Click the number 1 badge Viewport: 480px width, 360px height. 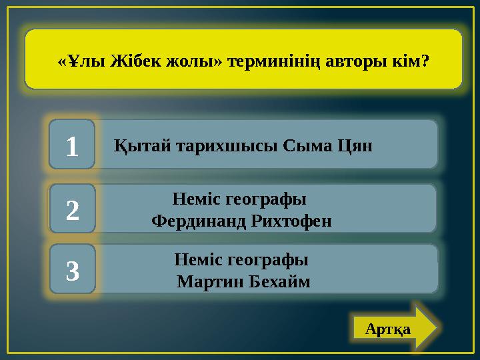click(72, 144)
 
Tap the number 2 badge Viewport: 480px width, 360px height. click(73, 209)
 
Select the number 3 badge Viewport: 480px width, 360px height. click(73, 269)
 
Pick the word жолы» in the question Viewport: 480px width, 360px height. click(189, 61)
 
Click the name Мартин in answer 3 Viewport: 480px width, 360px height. click(210, 281)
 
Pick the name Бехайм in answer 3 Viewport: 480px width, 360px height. click(280, 281)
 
